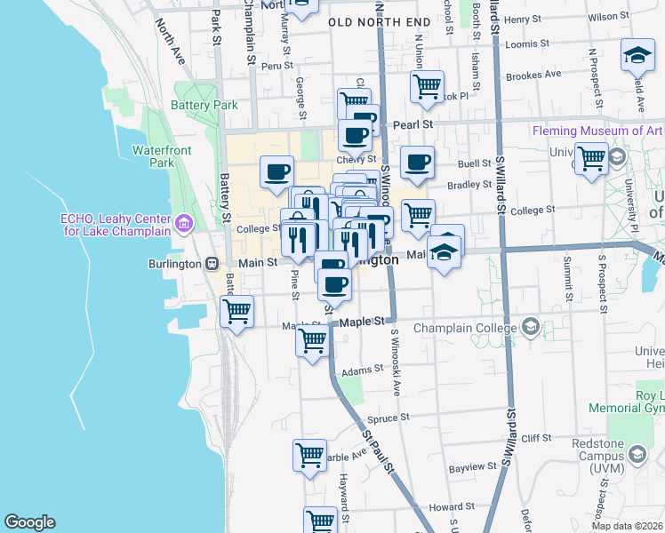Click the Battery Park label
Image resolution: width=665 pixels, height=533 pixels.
pyautogui.click(x=204, y=105)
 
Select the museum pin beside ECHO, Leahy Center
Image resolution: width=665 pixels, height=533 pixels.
pyautogui.click(x=184, y=223)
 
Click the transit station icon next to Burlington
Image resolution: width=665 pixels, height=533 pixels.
pyautogui.click(x=212, y=263)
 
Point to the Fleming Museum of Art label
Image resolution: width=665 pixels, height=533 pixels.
pyautogui.click(x=597, y=131)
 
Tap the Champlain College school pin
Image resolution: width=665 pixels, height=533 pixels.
pyautogui.click(x=532, y=326)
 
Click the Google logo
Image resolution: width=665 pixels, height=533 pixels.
pyautogui.click(x=29, y=522)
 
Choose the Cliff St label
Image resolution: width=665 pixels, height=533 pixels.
pyautogui.click(x=536, y=438)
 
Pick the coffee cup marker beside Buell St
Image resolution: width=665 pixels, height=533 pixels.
pyautogui.click(x=417, y=163)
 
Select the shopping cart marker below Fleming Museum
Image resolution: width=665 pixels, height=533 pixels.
pyautogui.click(x=592, y=160)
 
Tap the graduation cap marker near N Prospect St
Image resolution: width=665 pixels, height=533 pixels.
pyautogui.click(x=637, y=57)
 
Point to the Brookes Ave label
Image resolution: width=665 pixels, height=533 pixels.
pyautogui.click(x=533, y=75)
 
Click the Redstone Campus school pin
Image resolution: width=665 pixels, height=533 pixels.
pyautogui.click(x=637, y=455)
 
